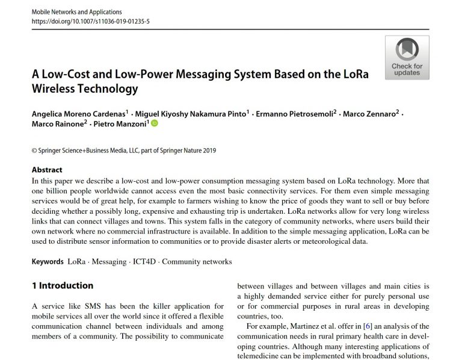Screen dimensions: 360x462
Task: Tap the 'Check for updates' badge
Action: [407, 57]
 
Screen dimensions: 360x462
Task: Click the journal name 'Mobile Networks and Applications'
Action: [76, 11]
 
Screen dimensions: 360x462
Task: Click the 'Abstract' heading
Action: [47, 170]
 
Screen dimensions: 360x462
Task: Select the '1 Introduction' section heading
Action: [63, 285]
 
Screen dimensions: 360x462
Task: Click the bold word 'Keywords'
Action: [48, 262]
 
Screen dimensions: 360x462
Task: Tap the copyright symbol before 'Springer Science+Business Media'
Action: [34, 151]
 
